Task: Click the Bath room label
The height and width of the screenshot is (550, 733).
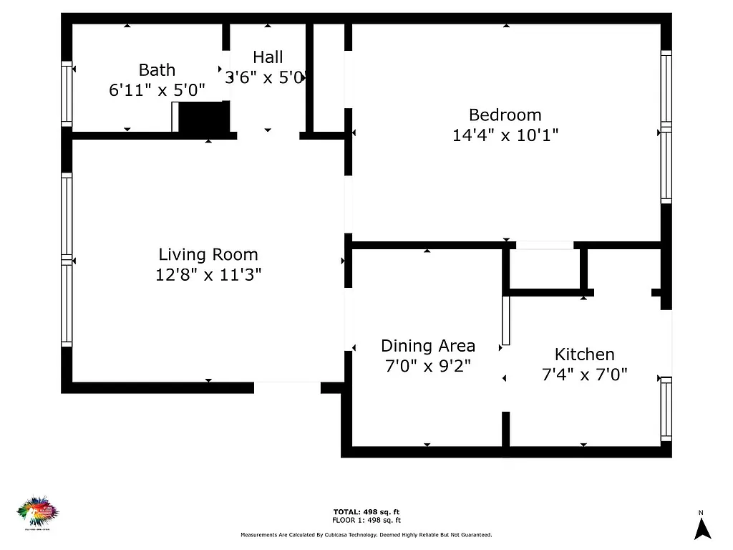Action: pos(157,70)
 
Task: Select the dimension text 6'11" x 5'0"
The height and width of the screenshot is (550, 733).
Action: pos(157,90)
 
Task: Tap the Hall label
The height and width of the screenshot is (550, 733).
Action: pos(268,57)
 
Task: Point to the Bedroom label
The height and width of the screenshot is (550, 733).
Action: pos(505,115)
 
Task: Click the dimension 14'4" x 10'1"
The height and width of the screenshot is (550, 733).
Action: pos(505,135)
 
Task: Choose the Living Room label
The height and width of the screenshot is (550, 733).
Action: pos(208,254)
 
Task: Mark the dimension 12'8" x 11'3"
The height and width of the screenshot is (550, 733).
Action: pos(208,274)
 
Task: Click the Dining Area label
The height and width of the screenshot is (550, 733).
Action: pos(427,347)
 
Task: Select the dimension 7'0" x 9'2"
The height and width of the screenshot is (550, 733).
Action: pos(427,367)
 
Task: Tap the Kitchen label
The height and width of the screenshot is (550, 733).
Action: pos(584,354)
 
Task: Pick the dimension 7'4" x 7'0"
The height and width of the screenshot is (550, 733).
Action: pos(584,374)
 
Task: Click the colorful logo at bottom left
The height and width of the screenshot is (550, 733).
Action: pos(37,511)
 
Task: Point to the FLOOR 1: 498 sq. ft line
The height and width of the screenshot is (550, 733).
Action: pos(366,521)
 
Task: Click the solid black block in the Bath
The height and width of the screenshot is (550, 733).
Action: pos(203,117)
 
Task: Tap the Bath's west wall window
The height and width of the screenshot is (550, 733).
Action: pos(67,94)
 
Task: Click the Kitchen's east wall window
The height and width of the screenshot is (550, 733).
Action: pos(666,408)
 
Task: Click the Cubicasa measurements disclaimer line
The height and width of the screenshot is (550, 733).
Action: pos(366,535)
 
